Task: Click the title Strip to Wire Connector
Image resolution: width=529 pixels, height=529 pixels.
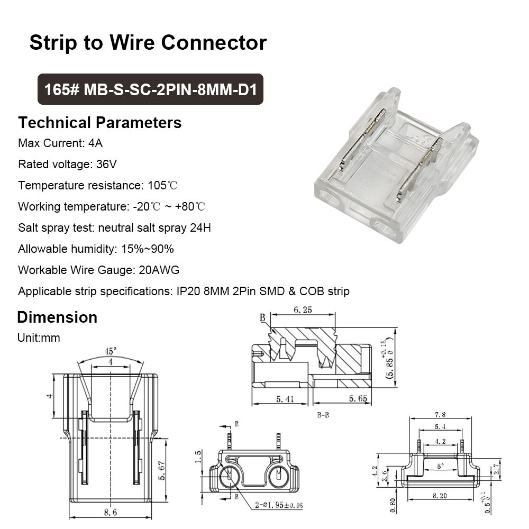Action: click(x=148, y=42)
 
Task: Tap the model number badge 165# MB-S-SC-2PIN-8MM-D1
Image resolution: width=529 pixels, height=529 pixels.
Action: click(x=150, y=89)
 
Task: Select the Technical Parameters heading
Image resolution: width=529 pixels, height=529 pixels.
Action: click(x=99, y=123)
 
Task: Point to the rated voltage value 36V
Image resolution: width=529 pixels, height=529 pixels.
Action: click(x=106, y=164)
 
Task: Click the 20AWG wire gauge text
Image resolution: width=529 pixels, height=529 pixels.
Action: click(x=159, y=270)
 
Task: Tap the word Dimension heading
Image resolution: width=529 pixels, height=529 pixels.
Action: click(x=57, y=317)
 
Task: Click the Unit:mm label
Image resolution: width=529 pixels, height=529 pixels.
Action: click(x=39, y=338)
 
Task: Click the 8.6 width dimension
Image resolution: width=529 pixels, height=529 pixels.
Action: click(x=110, y=513)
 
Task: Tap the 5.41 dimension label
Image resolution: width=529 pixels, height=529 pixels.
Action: click(x=280, y=399)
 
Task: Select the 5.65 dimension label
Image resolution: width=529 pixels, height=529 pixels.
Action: click(x=355, y=399)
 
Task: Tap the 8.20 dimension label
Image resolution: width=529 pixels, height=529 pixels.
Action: click(x=439, y=495)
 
